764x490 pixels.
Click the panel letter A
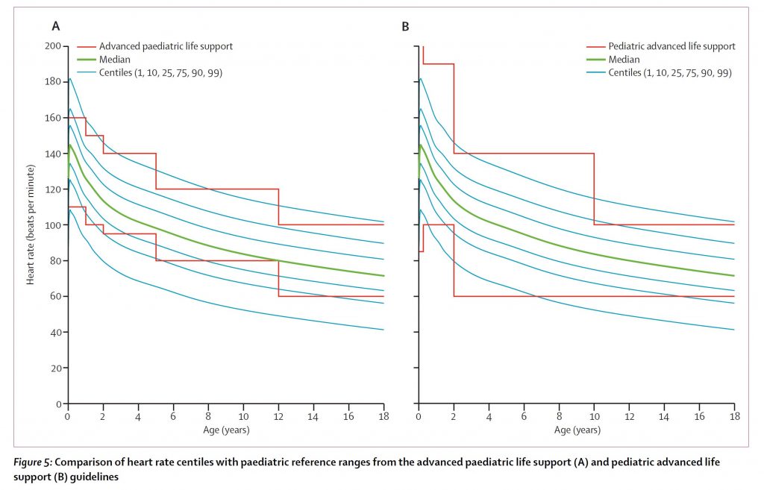pos(55,27)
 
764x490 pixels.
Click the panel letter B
pos(406,27)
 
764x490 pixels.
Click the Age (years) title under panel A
pos(226,430)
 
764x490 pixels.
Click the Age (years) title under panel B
pos(577,430)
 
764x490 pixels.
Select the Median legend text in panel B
pos(624,60)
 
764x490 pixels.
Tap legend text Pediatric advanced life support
pos(671,46)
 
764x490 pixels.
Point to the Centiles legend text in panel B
pos(669,73)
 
